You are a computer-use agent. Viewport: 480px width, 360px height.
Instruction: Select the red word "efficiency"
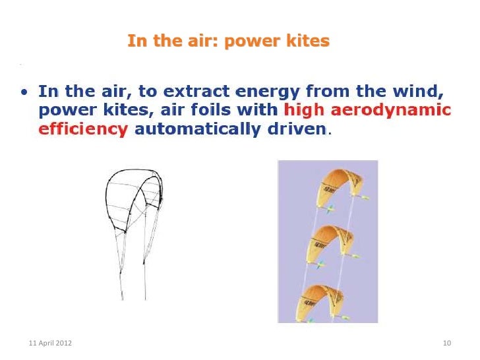click(83, 129)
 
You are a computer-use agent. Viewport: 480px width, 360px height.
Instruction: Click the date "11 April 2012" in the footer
click(51, 344)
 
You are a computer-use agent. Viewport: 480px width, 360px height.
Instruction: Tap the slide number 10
click(446, 344)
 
